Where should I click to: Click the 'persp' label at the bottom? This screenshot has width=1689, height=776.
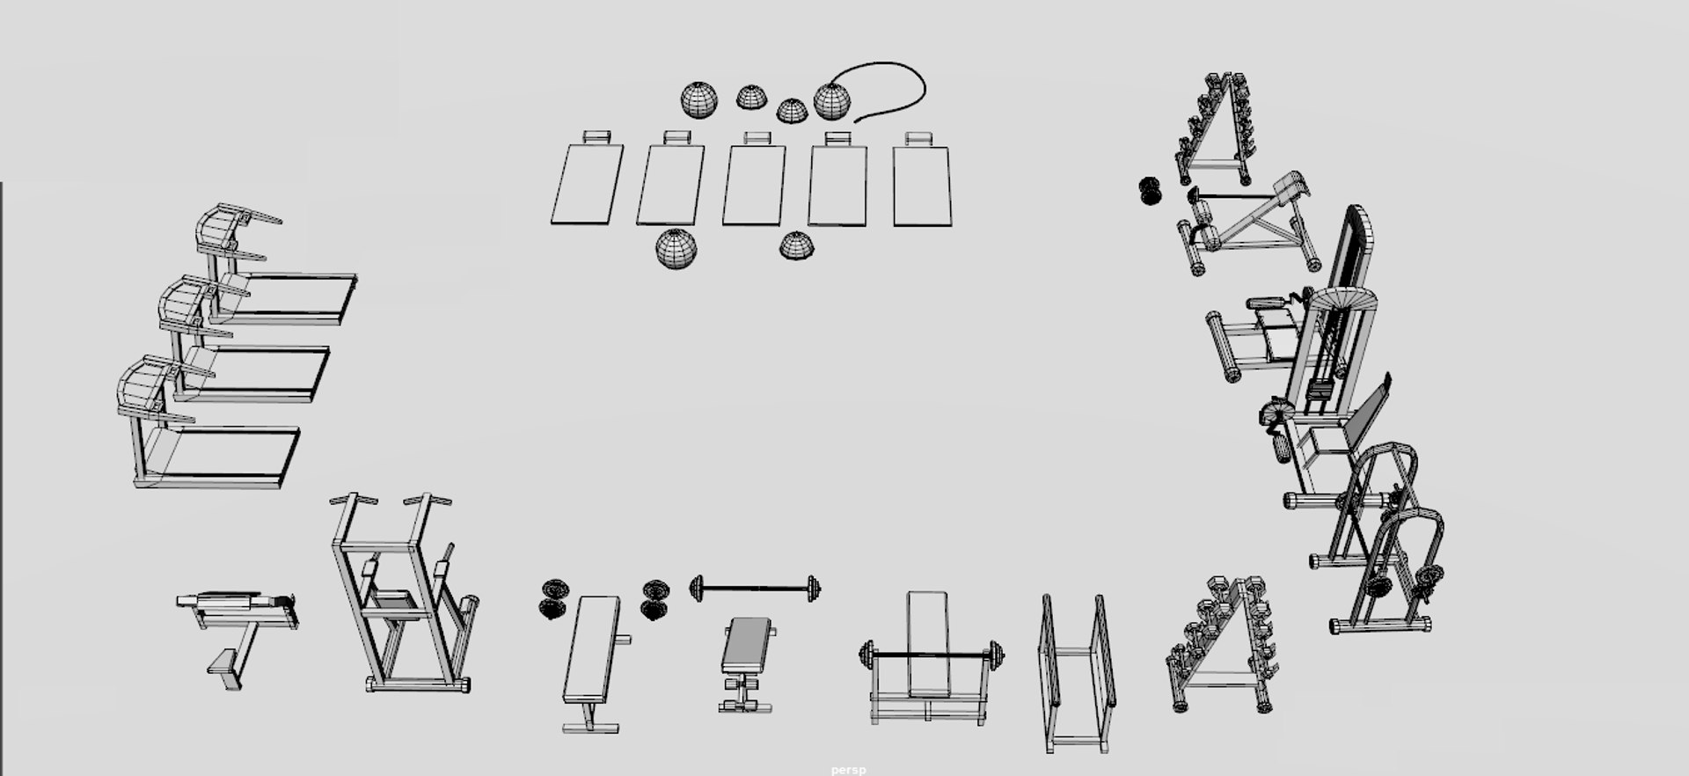point(848,770)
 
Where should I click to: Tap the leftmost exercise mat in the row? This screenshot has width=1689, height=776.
point(588,184)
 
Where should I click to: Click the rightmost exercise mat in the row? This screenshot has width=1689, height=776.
point(922,186)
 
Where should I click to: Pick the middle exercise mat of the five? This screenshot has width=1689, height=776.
point(754,185)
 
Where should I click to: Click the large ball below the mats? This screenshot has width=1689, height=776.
point(676,249)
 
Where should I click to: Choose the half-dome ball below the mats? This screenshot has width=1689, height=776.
point(797,246)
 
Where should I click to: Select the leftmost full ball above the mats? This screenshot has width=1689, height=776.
point(698,99)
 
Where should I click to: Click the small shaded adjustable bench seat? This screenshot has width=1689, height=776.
point(746,645)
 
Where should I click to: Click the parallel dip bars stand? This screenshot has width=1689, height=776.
point(1075,673)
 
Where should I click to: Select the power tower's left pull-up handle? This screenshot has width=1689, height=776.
point(353,501)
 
